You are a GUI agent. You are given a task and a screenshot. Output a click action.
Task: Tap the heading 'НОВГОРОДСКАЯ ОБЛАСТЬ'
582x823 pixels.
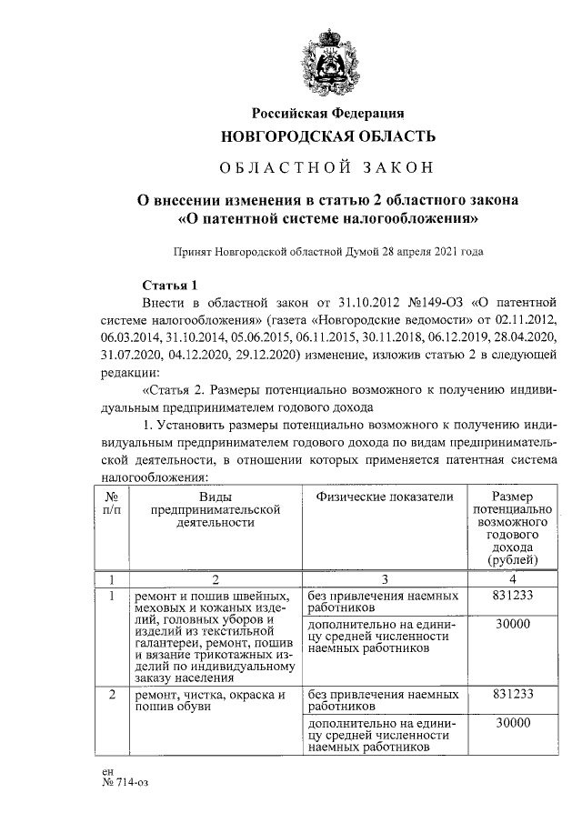pyautogui.click(x=328, y=136)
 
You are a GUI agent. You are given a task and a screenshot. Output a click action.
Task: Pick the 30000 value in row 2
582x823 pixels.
pyautogui.click(x=512, y=723)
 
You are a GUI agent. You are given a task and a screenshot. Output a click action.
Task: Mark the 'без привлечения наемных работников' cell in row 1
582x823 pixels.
pyautogui.click(x=383, y=601)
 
